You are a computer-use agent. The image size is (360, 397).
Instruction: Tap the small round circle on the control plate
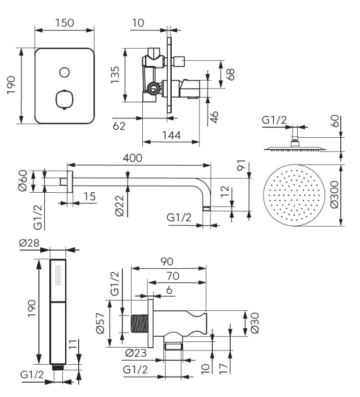pyautogui.click(x=65, y=72)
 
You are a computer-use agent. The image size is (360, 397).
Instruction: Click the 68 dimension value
pyautogui.click(x=231, y=74)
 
